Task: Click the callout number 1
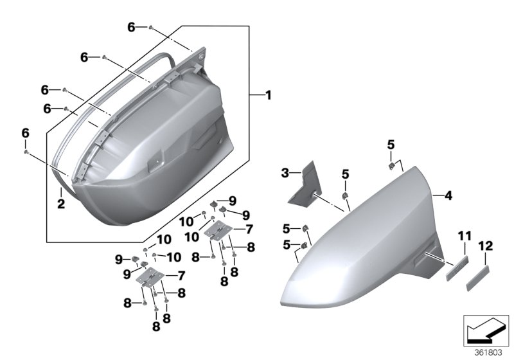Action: (x=268, y=96)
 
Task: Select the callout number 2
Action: (x=60, y=204)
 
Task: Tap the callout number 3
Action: (x=285, y=172)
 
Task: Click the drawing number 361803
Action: (x=488, y=352)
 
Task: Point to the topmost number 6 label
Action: (x=131, y=27)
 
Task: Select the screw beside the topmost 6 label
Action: (x=150, y=28)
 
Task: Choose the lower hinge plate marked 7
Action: (x=152, y=277)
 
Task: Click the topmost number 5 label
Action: (x=391, y=144)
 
